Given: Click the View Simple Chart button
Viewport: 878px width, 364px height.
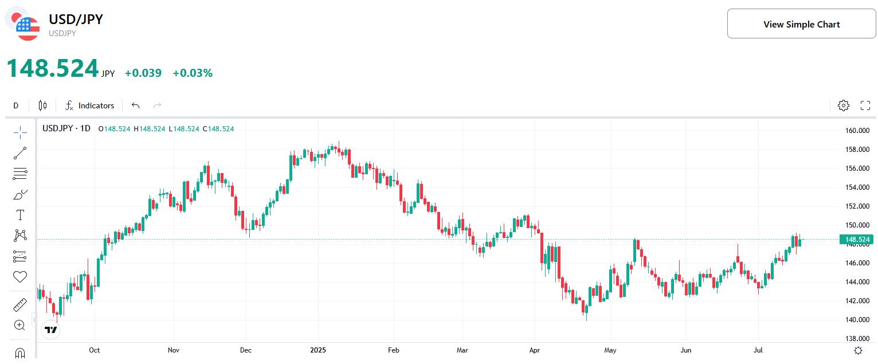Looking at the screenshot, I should coord(801,24).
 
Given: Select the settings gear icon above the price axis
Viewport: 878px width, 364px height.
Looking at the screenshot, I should coord(843,105).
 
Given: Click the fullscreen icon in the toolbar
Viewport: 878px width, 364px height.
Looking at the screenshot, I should coord(865,105).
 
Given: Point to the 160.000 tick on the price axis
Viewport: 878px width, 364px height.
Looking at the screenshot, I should coord(857,131).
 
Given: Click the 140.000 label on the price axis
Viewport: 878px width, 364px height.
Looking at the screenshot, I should coord(857,320).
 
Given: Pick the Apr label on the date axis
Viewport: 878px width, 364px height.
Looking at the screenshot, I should coord(535,350).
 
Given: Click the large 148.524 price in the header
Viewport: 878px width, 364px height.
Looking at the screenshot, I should coord(53,69).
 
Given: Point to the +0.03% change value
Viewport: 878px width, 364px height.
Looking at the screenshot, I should coord(193,73).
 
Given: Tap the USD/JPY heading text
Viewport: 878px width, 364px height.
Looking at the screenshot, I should coord(76,19).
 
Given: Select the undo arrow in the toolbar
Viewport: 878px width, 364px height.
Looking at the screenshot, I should coord(135,105).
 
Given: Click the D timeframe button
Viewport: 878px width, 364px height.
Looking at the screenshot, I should coord(16,105).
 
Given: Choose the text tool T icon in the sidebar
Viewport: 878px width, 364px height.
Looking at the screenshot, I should coord(20,215).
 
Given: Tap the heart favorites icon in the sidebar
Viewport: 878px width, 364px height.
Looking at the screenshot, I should coord(20,277).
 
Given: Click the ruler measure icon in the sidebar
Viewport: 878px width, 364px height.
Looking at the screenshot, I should coord(20,304).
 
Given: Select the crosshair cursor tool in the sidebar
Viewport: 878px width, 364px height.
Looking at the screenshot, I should coord(20,133).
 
